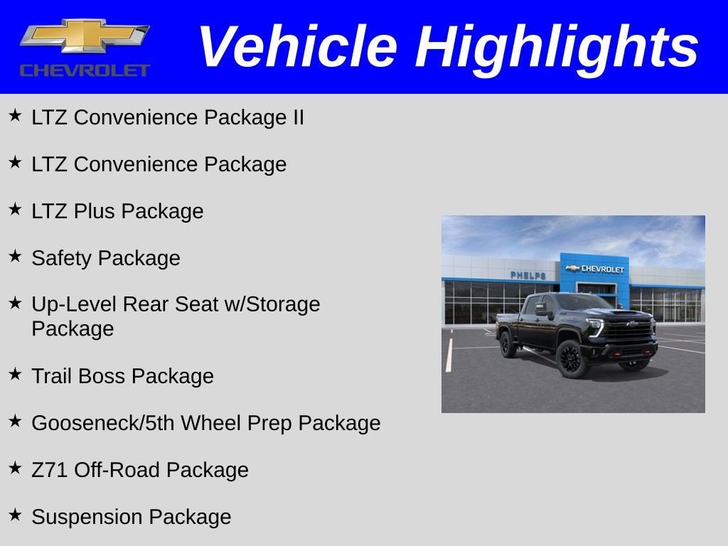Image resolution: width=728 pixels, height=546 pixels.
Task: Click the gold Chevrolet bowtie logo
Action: [84, 36]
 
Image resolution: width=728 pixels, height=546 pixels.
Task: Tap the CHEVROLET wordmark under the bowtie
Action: [84, 70]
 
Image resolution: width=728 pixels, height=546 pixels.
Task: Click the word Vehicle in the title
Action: [296, 47]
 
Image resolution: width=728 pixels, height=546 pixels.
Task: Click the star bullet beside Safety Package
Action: [15, 256]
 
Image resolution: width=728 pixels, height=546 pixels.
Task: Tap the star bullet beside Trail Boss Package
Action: [15, 374]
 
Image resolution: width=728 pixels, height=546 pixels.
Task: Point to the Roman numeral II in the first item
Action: [297, 117]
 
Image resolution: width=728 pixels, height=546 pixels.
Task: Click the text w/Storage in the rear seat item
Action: [272, 304]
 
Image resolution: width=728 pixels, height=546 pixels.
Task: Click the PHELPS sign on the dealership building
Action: [528, 275]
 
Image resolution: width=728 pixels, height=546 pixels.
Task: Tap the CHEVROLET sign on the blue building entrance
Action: [596, 269]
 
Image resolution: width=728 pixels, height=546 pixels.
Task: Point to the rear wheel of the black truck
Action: [508, 344]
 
